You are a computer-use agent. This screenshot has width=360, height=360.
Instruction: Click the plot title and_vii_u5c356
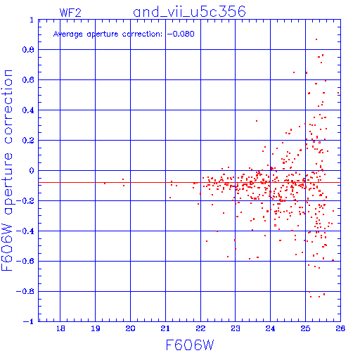(189, 12)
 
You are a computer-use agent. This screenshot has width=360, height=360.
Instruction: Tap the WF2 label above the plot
(70, 13)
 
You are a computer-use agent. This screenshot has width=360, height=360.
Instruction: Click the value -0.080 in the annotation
(181, 34)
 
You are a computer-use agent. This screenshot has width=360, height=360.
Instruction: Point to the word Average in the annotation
(68, 34)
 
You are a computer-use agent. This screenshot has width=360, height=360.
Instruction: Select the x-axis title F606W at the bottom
(190, 345)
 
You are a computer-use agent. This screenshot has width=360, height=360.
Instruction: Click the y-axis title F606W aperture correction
(7, 170)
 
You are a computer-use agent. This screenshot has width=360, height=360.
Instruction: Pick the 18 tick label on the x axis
(60, 328)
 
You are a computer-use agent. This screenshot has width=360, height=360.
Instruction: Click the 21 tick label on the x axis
(165, 328)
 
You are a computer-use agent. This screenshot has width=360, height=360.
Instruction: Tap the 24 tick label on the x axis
(270, 328)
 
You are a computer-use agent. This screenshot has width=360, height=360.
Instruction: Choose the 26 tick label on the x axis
(340, 328)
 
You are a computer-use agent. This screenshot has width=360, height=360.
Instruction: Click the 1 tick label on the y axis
(32, 20)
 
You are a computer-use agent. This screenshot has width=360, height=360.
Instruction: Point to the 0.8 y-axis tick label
(28, 50)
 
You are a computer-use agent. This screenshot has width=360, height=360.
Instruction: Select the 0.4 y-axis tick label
(28, 110)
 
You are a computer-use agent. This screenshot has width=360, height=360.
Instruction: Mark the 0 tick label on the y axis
(32, 171)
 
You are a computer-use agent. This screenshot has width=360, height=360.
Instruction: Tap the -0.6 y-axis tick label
(25, 261)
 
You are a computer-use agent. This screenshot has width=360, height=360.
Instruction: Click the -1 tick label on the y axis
(29, 321)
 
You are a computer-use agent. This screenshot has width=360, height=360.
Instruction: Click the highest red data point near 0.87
(316, 39)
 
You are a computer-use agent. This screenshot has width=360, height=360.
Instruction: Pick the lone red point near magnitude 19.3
(105, 184)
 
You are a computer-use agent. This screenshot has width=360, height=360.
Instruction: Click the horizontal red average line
(189, 182)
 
